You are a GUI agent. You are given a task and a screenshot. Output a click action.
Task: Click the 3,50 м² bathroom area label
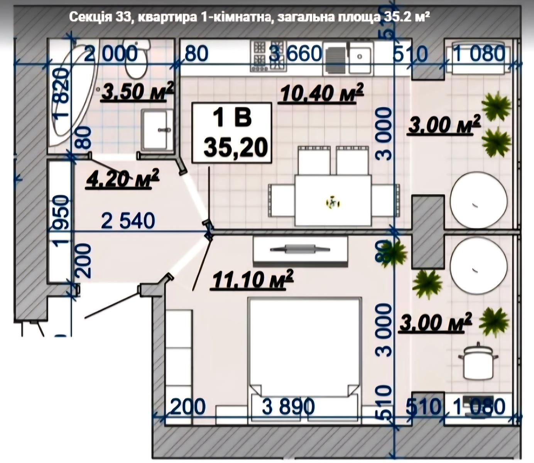tap(137, 91)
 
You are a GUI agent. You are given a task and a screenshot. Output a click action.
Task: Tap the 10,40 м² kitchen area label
tap(321, 93)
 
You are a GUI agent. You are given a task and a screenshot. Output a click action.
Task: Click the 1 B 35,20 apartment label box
tap(232, 133)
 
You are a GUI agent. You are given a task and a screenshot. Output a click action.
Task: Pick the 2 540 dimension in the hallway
tap(128, 221)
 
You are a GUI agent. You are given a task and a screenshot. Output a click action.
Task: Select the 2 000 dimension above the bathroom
tap(111, 54)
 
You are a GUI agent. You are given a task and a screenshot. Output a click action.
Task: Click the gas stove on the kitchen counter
tap(269, 56)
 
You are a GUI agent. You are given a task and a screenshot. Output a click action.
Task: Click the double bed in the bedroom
tap(304, 362)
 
